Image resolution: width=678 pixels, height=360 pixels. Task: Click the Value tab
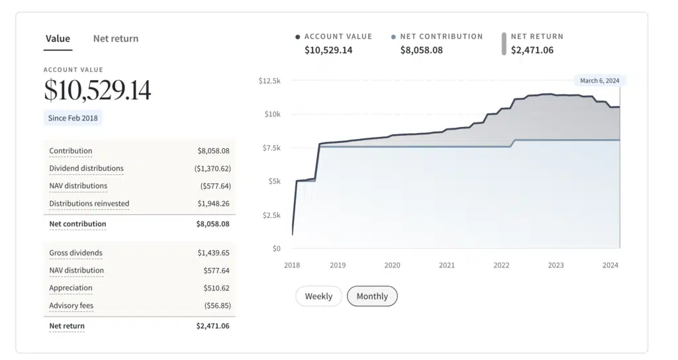(x=58, y=39)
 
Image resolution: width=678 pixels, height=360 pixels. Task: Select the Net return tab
(x=116, y=39)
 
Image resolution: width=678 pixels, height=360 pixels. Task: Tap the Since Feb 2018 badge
(x=73, y=118)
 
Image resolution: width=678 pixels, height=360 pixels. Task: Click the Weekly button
(x=318, y=296)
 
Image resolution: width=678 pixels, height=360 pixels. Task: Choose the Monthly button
(x=372, y=296)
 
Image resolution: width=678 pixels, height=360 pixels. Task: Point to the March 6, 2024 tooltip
(x=599, y=81)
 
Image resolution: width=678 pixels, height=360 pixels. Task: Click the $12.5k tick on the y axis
(x=270, y=81)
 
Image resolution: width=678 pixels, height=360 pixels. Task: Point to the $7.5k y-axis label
(x=271, y=148)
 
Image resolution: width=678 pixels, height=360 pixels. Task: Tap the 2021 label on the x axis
(x=447, y=265)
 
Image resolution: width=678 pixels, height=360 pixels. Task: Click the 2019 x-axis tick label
(x=338, y=265)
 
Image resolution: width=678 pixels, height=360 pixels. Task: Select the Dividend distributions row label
(x=86, y=169)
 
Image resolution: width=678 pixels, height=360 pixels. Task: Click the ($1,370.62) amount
(x=212, y=169)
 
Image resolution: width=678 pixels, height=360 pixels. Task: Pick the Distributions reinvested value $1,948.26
(x=213, y=204)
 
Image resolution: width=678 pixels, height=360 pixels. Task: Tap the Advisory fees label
(x=71, y=306)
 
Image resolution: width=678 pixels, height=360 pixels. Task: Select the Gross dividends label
(x=75, y=253)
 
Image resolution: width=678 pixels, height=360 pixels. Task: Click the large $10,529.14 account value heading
(x=97, y=91)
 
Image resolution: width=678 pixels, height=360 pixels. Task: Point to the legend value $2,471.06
(x=532, y=50)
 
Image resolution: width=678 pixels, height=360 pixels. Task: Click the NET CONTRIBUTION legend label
(x=441, y=37)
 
